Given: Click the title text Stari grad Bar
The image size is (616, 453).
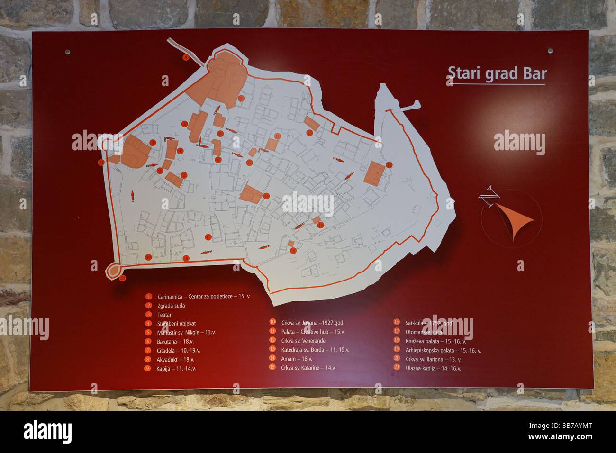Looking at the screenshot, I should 497,74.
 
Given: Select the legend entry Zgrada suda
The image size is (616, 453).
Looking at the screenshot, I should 171,306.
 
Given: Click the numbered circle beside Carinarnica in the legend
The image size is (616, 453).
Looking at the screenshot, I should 149,297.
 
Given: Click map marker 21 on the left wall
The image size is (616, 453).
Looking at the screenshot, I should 101,162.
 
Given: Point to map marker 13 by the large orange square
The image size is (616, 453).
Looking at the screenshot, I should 389,164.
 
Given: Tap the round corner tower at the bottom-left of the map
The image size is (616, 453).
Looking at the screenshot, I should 113,270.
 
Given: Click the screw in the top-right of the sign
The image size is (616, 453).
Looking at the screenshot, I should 550,50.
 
